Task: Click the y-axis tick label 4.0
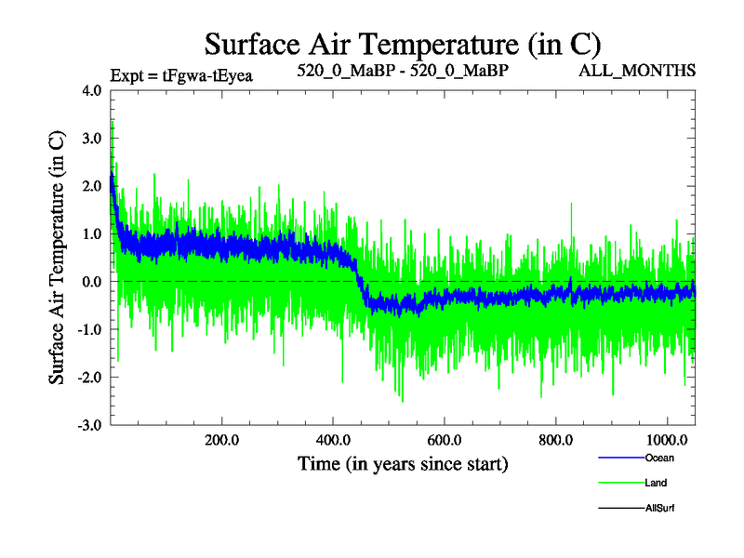click(x=93, y=91)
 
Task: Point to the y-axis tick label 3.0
click(x=93, y=139)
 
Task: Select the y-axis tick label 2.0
click(x=93, y=186)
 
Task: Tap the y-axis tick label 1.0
click(x=93, y=233)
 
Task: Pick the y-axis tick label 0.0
click(x=93, y=281)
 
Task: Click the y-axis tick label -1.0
click(x=91, y=329)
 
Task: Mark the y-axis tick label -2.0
click(x=91, y=377)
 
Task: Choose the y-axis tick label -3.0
click(x=91, y=425)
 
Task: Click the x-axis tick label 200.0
click(x=221, y=439)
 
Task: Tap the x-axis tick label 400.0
click(x=333, y=439)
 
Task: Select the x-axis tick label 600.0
click(x=445, y=439)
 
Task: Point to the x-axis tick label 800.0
click(x=556, y=439)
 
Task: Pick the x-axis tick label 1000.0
click(x=668, y=439)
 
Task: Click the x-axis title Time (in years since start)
click(x=403, y=462)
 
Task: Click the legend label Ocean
click(x=659, y=458)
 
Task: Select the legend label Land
click(x=657, y=483)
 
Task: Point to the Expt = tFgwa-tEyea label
click(x=181, y=75)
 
